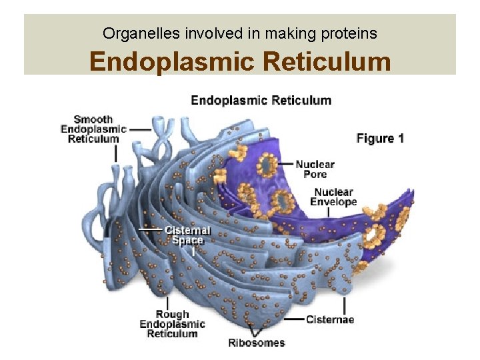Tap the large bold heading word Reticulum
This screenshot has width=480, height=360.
point(327,62)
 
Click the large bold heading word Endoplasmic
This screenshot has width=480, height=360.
point(173,62)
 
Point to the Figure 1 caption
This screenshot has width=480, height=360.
point(380,139)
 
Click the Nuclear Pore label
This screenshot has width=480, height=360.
point(315,169)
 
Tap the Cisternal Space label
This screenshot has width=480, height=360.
point(188,235)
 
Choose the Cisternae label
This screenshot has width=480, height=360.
point(330,319)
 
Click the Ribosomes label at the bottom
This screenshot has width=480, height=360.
point(257,343)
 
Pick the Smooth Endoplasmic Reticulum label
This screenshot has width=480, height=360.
point(93,129)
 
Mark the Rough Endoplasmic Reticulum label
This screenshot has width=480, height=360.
point(172,324)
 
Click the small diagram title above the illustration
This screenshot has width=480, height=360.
point(261,101)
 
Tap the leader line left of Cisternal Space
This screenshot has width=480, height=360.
point(151,230)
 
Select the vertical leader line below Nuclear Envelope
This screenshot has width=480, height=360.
point(328,213)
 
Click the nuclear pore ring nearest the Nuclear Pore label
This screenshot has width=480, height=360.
point(269,164)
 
